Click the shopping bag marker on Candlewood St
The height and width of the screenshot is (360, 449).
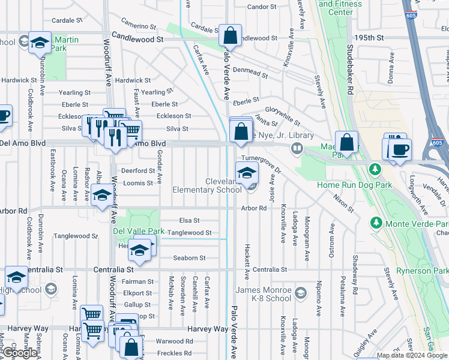point(230,36)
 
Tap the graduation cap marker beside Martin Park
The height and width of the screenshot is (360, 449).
point(40,43)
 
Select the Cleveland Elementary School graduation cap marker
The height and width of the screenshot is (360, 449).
point(246,174)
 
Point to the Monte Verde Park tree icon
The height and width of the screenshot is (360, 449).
point(376,222)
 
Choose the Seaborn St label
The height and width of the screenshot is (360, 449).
point(190,258)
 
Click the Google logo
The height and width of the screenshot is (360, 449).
point(20,353)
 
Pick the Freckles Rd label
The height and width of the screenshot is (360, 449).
point(174,353)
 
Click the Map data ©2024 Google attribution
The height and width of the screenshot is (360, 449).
point(412,355)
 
